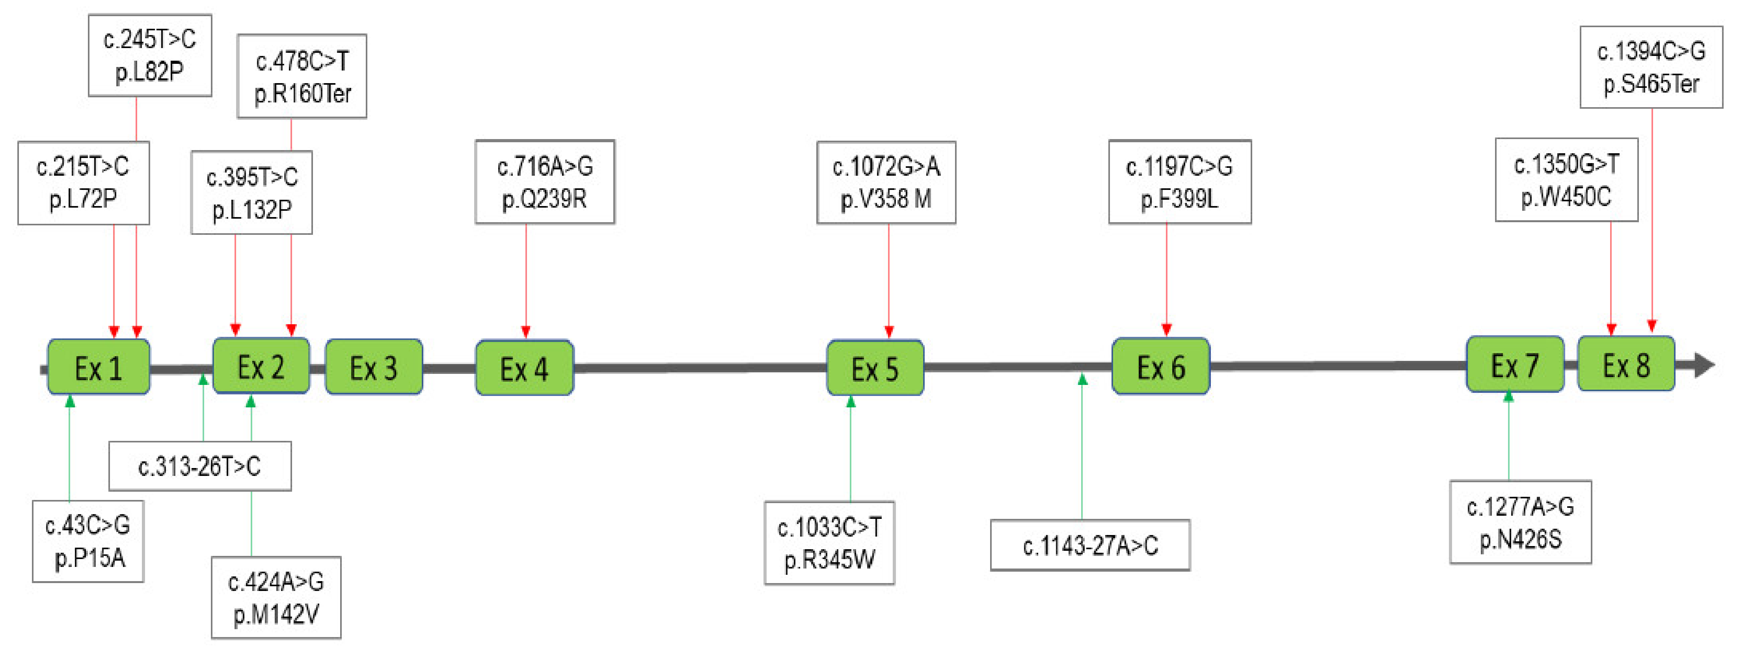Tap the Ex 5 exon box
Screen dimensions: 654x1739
pos(875,368)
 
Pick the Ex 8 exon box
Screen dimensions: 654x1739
pos(1625,364)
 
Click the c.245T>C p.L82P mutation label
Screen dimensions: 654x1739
pos(150,55)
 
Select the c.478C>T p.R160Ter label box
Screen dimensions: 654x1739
pos(302,76)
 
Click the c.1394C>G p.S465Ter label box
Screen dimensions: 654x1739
pos(1651,67)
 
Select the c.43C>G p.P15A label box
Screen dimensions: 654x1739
pos(88,541)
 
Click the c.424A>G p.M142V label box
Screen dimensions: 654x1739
pos(276,597)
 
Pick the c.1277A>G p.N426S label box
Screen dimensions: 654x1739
pos(1520,522)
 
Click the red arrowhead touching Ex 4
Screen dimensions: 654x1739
pos(526,331)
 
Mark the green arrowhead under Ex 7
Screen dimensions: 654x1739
pos(1509,397)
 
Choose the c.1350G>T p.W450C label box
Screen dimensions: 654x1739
pos(1566,180)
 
